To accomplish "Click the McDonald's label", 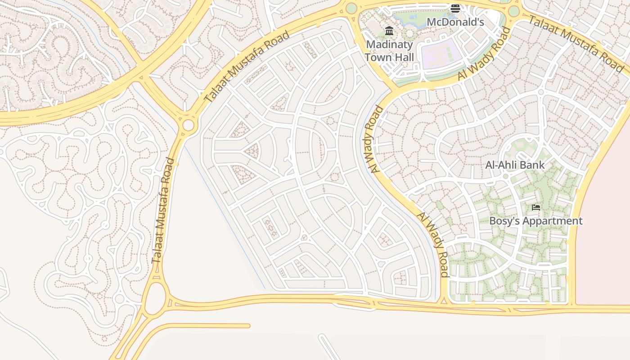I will [x=455, y=22].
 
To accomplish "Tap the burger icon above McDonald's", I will [x=455, y=8].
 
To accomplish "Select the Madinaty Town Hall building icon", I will [x=389, y=31].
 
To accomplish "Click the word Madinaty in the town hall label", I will [x=389, y=45].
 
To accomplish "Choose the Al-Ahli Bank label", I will [x=515, y=165].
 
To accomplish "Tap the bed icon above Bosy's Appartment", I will [x=535, y=207].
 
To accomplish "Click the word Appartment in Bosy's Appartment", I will [x=555, y=221].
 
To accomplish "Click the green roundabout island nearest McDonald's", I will [x=513, y=11].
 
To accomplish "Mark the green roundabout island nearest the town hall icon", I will [x=351, y=8].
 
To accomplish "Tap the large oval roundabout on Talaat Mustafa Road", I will [x=154, y=298].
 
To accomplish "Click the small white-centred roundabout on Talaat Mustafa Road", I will [x=189, y=125].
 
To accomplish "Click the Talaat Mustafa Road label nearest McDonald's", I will [x=576, y=43].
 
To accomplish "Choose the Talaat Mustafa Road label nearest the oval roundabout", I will [x=163, y=211].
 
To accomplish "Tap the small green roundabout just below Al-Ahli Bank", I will [x=505, y=176].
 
